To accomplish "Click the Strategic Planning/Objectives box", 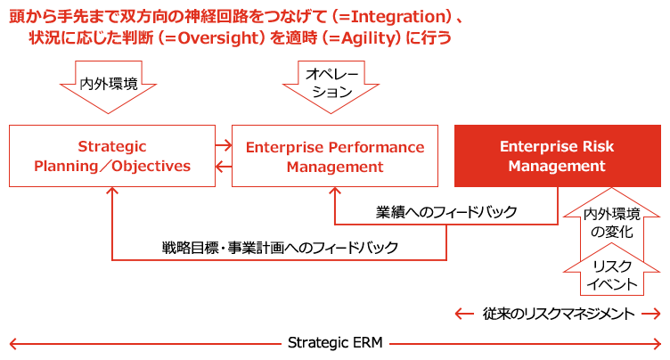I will (112, 156).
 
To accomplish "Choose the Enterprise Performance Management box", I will (335, 156).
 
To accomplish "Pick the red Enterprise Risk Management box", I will (552, 156).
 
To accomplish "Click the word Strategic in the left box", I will (112, 147).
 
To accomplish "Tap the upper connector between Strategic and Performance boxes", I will (223, 143).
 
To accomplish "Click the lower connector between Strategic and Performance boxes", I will (223, 166).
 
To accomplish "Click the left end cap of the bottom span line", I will (12, 342).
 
